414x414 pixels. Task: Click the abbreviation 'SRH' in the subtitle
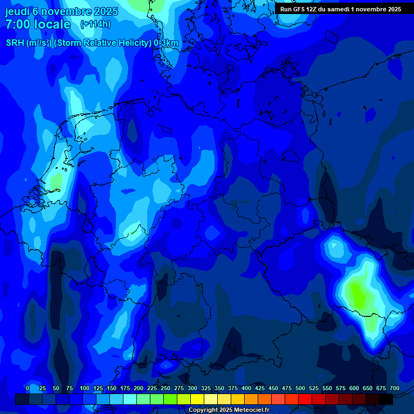pos(15,43)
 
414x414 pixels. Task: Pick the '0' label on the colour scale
pos(27,388)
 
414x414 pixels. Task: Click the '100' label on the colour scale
pos(85,388)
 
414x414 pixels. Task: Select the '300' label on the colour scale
pos(192,388)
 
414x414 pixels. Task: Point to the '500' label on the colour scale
pos(300,388)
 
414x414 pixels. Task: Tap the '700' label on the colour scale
pos(395,388)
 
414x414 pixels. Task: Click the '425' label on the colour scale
pos(260,388)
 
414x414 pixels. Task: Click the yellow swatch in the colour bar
pos(197,399)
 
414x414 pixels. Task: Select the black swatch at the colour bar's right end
pos(386,399)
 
